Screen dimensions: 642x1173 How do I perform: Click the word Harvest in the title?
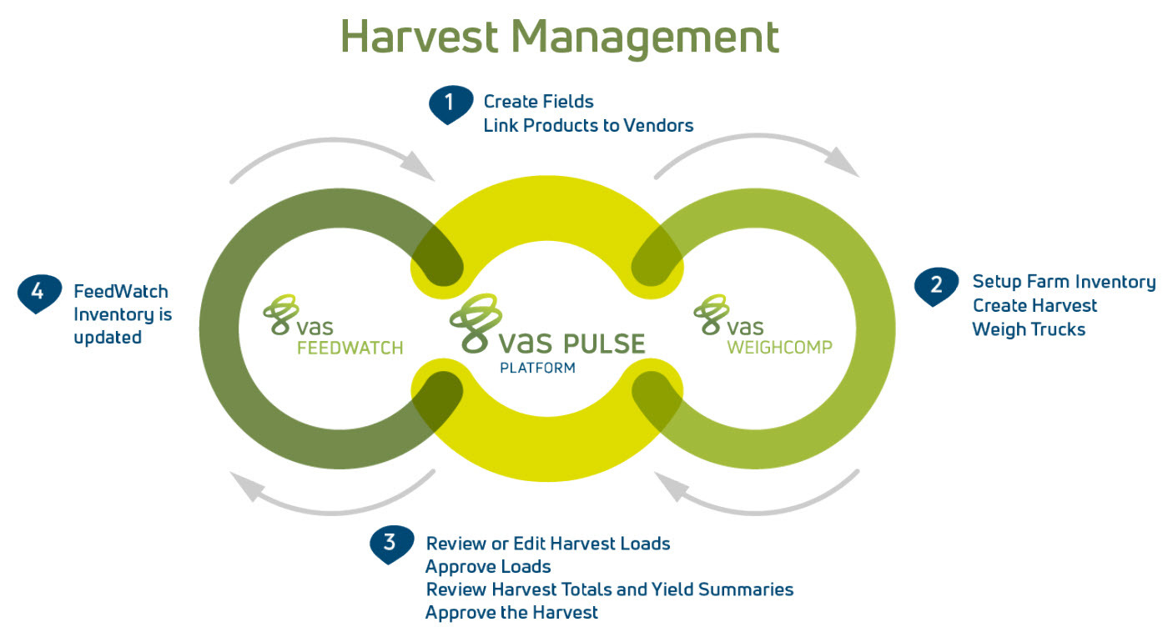[x=420, y=38]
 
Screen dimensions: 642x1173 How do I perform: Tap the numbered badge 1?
[x=451, y=104]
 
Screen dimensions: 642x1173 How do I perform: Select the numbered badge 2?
[x=936, y=285]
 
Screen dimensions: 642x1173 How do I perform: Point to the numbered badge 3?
[x=390, y=544]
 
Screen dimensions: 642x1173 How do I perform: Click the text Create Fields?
[x=538, y=102]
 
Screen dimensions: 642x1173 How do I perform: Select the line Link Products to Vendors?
[x=588, y=125]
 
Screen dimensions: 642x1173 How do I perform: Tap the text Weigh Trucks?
[x=1029, y=329]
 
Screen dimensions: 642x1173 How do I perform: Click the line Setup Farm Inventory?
[x=1064, y=282]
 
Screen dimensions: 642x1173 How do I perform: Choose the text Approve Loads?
[x=488, y=567]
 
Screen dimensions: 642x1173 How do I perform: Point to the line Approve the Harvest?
[x=511, y=613]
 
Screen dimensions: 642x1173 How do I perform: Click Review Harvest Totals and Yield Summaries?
[x=609, y=589]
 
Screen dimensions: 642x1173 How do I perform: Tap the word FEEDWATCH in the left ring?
[x=350, y=348]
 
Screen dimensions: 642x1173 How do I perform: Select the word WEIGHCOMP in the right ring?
[x=779, y=348]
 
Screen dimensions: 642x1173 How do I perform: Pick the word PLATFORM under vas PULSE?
[x=537, y=368]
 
